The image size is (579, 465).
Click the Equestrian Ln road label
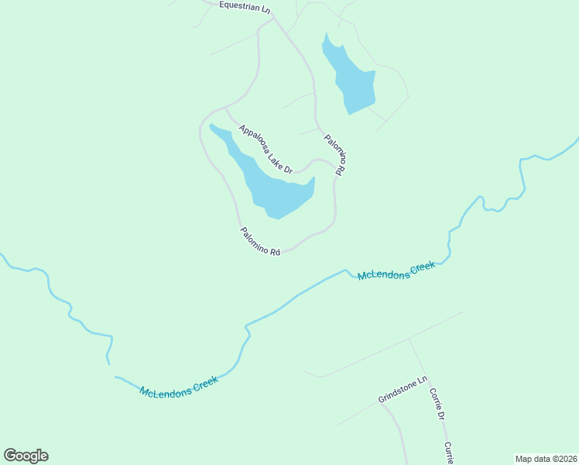[x=245, y=6]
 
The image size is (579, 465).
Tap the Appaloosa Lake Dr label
[x=266, y=149]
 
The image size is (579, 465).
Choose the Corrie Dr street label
[x=437, y=403]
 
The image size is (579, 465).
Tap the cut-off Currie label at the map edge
[x=448, y=449]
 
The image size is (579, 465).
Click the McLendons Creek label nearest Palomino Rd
[x=396, y=271]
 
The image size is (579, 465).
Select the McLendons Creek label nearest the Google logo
[x=179, y=384]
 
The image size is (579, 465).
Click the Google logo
[x=26, y=456]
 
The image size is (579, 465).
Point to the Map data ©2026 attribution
[x=546, y=459]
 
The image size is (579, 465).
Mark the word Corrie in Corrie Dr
[x=435, y=398]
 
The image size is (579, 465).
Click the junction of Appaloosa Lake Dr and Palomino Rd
[x=337, y=167]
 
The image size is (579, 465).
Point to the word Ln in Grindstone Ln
[x=423, y=381]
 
